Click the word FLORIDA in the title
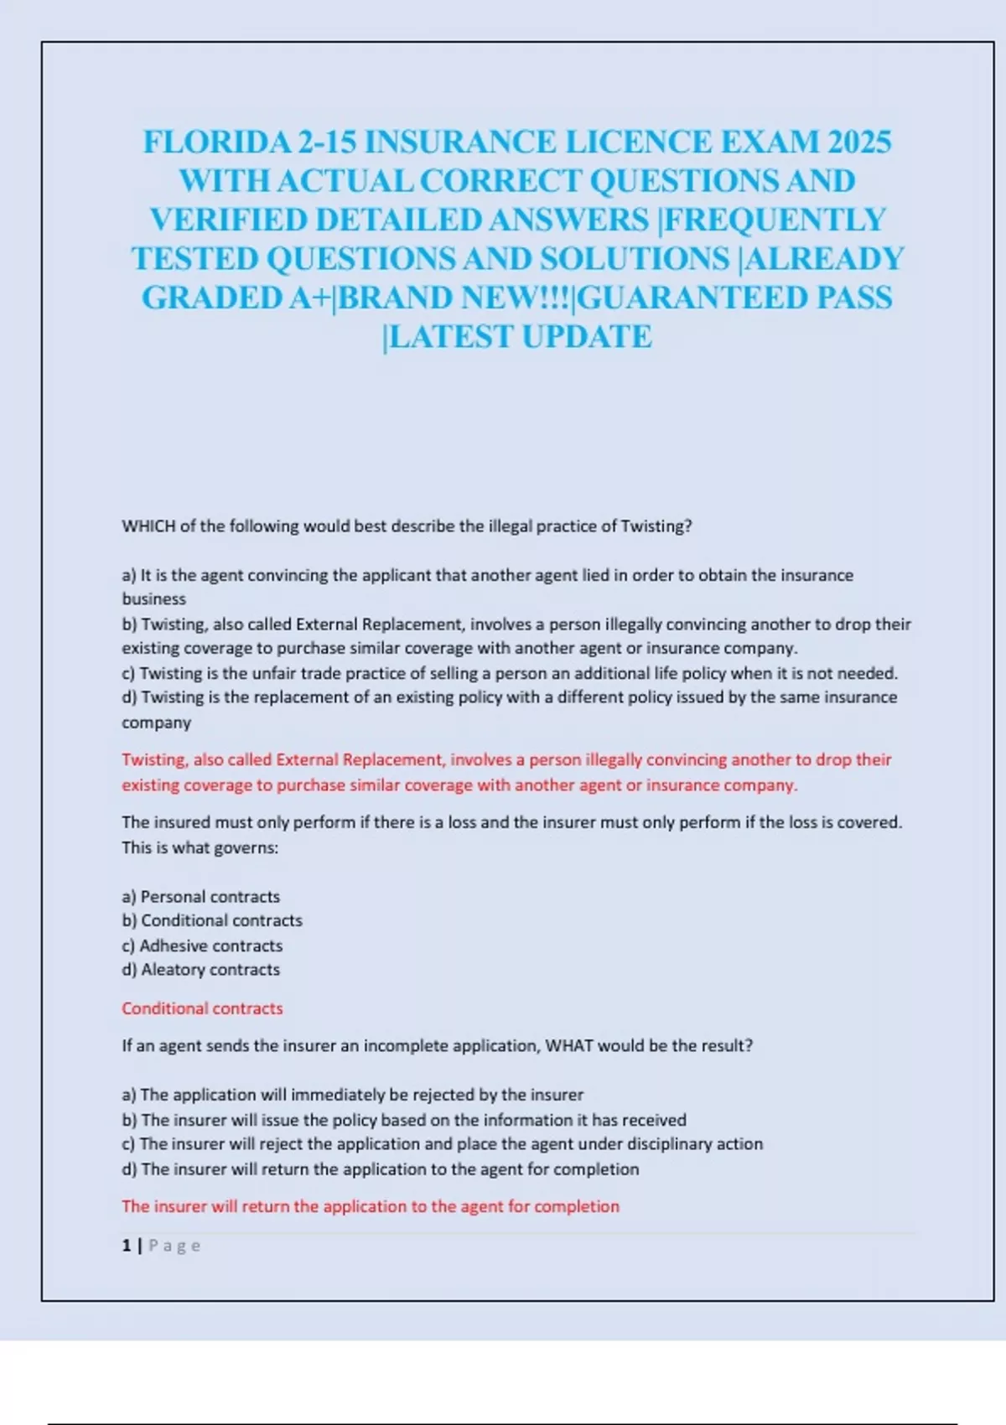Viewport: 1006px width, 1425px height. (x=216, y=142)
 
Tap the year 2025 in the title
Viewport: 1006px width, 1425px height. (x=859, y=142)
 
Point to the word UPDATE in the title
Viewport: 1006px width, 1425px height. (x=586, y=337)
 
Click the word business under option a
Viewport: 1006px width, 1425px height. (x=153, y=599)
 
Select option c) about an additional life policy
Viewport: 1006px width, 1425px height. (x=509, y=673)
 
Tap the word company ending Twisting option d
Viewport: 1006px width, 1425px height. (x=156, y=723)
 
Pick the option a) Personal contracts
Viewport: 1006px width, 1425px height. (x=201, y=897)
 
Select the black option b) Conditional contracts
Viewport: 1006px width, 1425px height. (x=212, y=920)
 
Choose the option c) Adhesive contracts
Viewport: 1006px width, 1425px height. (x=202, y=946)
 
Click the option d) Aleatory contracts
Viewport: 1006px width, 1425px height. (x=201, y=970)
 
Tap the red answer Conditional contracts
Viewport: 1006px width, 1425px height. (x=202, y=1008)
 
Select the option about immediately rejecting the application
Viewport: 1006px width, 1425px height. (x=352, y=1095)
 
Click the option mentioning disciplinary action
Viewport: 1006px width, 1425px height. (x=442, y=1144)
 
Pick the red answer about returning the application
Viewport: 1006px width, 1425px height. (x=370, y=1206)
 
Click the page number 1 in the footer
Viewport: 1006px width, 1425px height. (x=127, y=1246)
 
